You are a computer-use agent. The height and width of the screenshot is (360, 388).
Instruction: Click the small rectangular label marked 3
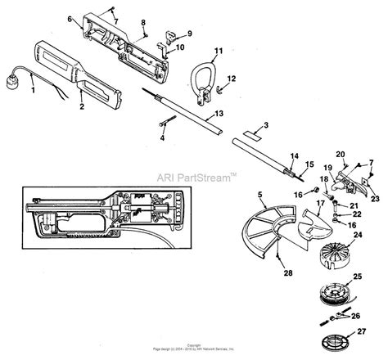257,128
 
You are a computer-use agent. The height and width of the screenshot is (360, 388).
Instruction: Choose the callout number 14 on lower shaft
294,154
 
